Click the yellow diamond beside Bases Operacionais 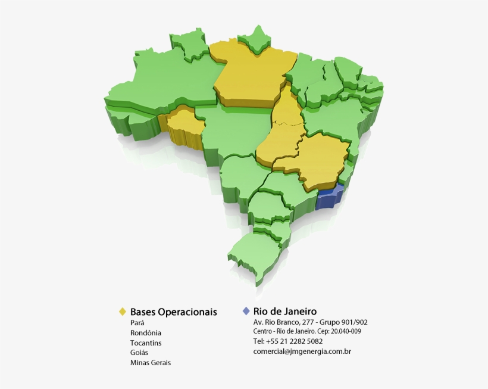(x=123, y=312)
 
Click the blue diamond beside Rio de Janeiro (x=246, y=311)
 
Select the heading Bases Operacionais (x=173, y=312)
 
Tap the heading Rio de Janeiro (x=284, y=311)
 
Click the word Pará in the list (x=137, y=323)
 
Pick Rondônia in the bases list (x=146, y=333)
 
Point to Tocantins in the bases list (x=146, y=343)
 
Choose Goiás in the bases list (x=139, y=353)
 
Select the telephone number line (x=288, y=341)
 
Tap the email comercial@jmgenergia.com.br (x=302, y=351)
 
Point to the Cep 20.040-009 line (x=306, y=331)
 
